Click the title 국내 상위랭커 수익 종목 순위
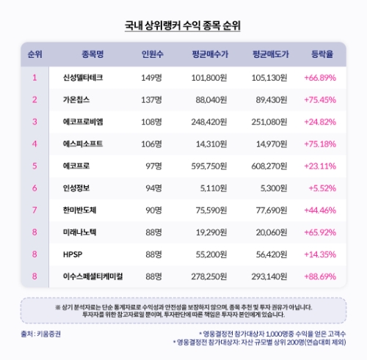point(183,25)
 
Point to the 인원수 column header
point(152,54)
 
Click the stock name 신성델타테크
point(83,77)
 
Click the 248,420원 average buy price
point(209,122)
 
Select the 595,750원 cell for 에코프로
point(209,166)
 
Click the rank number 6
point(34,188)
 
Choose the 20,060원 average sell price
point(275,232)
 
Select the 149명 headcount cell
point(151,77)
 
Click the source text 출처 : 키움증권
point(41,334)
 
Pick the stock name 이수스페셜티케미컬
point(92,276)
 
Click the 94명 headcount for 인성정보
point(153,188)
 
